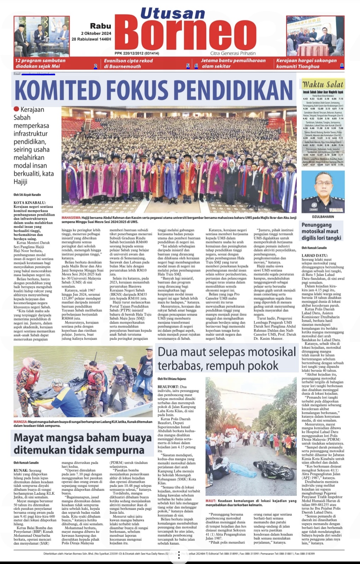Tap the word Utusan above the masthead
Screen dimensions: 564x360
173,13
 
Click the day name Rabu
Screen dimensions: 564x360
100,26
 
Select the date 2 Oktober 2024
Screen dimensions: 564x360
96,33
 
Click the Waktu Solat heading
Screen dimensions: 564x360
323,84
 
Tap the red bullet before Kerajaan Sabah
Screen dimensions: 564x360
16,109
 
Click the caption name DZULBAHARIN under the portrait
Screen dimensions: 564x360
323,217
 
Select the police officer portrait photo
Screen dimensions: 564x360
323,192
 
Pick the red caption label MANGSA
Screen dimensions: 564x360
20,422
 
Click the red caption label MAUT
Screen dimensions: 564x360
211,501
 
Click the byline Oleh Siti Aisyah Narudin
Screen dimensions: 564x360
27,195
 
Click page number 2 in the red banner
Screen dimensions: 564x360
95,66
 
